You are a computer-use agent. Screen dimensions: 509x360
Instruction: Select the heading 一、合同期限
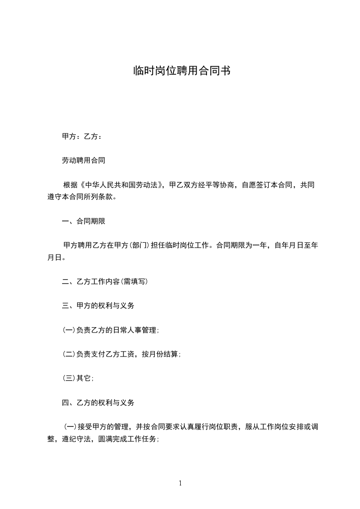(84, 222)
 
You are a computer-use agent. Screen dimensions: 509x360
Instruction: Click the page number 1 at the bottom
(180, 484)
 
